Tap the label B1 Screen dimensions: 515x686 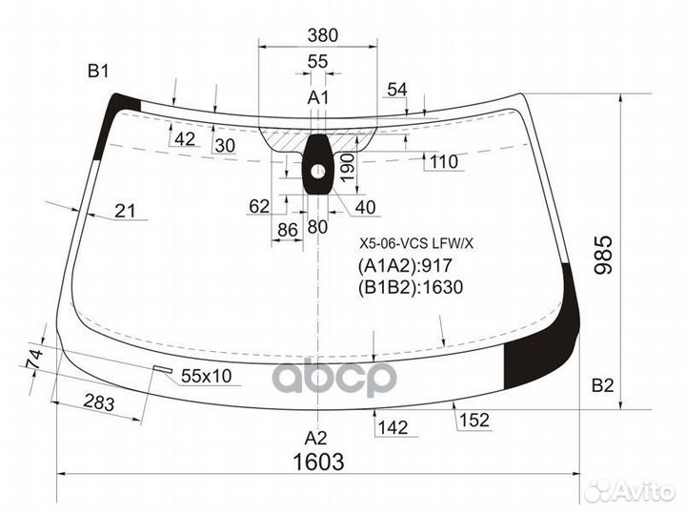(99, 70)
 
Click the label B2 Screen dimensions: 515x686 (602, 385)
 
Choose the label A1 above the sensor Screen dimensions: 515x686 (317, 97)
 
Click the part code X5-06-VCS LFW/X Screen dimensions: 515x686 (415, 243)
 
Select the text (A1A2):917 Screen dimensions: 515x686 (404, 266)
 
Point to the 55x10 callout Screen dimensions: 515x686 (206, 376)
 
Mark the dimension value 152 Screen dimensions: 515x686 (473, 420)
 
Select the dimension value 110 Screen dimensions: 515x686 (443, 162)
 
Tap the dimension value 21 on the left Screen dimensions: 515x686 (125, 211)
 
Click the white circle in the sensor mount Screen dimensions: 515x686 (318, 173)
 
